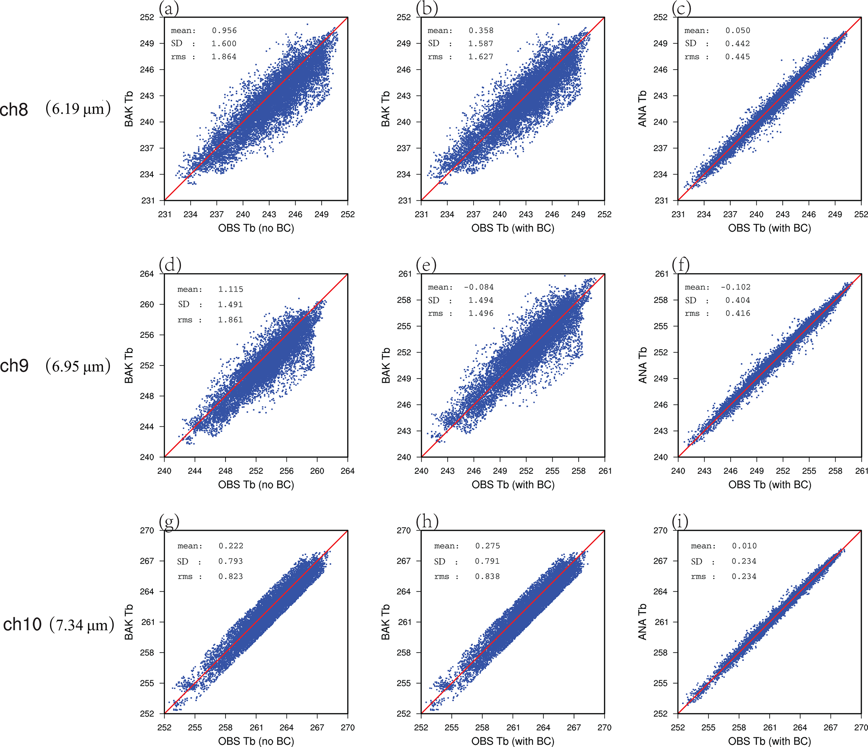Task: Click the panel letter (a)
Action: (x=169, y=8)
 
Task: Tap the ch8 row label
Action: (x=14, y=110)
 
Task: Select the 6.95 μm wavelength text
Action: (x=78, y=366)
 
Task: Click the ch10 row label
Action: (x=22, y=624)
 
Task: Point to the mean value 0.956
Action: (x=224, y=31)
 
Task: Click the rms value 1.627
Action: (x=481, y=57)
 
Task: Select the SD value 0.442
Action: (x=737, y=44)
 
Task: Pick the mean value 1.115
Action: (x=231, y=289)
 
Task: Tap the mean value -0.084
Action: (x=479, y=287)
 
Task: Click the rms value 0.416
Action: (x=737, y=313)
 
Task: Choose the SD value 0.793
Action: (x=231, y=561)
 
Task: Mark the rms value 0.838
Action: (x=487, y=576)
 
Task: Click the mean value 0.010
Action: (x=744, y=546)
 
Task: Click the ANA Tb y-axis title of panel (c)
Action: (x=642, y=109)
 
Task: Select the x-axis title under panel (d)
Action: (x=256, y=484)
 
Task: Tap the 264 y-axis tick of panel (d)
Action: (x=147, y=274)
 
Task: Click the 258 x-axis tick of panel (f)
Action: (x=835, y=471)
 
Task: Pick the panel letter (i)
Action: (x=680, y=522)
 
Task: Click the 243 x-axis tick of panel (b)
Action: (x=525, y=214)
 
